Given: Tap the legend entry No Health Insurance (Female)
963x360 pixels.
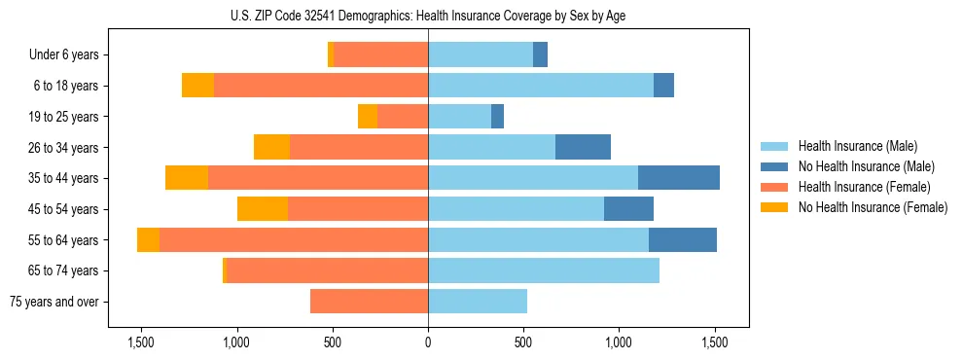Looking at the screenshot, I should click(x=873, y=207).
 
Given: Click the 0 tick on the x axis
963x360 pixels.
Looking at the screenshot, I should click(x=428, y=343).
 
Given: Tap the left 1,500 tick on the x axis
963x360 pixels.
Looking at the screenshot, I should click(x=141, y=343).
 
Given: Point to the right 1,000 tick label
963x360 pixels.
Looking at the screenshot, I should click(x=620, y=343).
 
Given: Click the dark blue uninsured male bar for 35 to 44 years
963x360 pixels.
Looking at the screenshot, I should click(x=679, y=178).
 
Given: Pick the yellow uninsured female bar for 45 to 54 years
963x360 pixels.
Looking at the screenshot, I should click(x=263, y=209).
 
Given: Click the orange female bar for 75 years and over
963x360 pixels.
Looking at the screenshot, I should click(x=370, y=302).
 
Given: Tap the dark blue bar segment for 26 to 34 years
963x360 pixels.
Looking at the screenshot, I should click(x=583, y=147).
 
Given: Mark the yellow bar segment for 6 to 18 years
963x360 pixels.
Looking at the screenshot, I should click(x=197, y=86).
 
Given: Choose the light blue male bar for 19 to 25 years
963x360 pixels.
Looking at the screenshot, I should click(x=460, y=117).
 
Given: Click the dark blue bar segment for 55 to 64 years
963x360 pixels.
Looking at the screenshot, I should click(x=683, y=239).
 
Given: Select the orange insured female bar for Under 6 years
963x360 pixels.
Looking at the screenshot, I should click(x=381, y=55).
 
